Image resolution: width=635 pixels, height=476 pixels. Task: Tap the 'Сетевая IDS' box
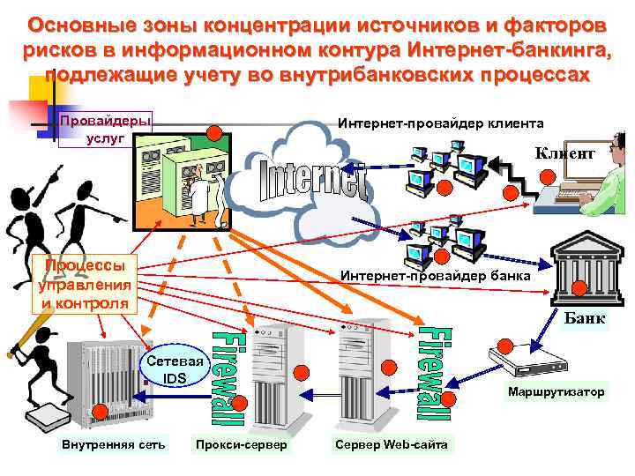point(175,369)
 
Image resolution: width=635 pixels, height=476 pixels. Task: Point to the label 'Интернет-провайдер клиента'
point(441,123)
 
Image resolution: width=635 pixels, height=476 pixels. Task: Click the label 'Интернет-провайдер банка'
point(435,276)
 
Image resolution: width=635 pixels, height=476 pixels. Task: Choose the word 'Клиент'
point(565,153)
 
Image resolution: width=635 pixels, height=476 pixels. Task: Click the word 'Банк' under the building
point(584,319)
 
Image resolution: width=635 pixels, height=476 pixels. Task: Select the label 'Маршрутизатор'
point(556,391)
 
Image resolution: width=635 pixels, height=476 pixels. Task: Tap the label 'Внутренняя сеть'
point(113,444)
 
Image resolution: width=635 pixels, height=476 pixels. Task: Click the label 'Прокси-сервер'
point(241,444)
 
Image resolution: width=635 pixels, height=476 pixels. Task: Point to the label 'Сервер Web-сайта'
point(391,444)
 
